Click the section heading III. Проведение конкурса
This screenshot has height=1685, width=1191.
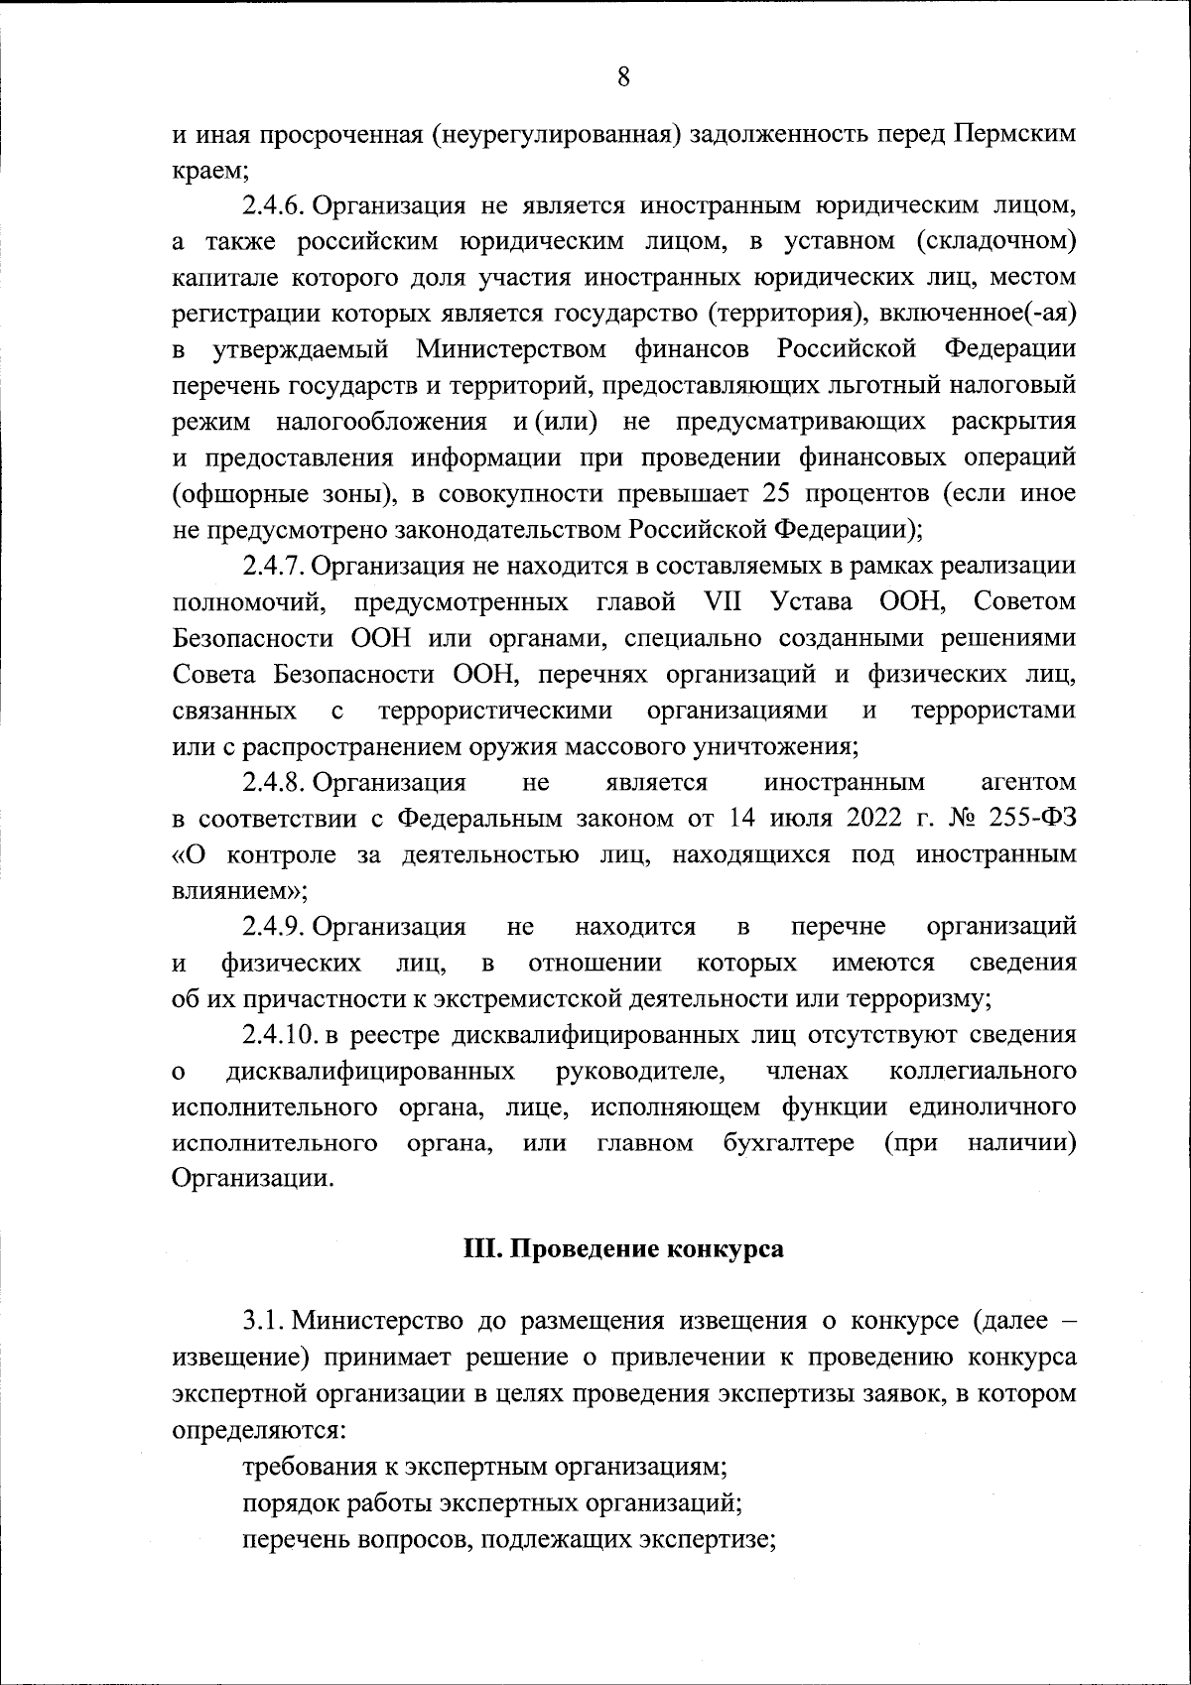(624, 1248)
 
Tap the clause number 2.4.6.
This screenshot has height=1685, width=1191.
(271, 205)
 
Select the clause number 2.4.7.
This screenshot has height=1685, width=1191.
(271, 566)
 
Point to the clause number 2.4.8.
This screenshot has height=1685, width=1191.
(271, 782)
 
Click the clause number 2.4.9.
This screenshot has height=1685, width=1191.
(271, 927)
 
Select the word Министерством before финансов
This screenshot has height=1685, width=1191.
(511, 349)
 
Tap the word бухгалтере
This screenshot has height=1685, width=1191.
(789, 1143)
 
